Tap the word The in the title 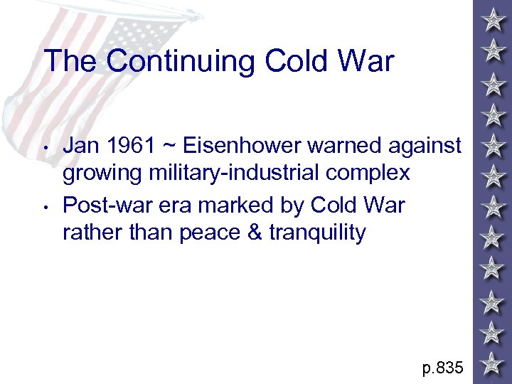click(70, 61)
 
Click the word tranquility click(317, 233)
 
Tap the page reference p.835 click(442, 368)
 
